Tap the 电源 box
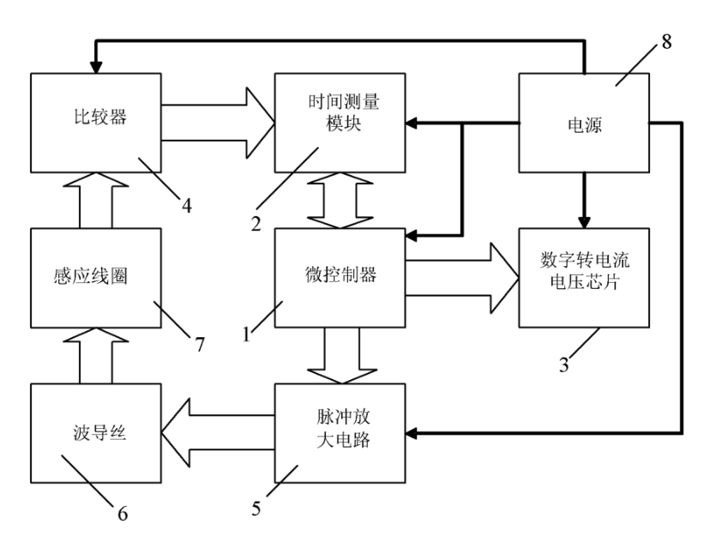coord(584,124)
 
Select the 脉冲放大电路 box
coord(339,434)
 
